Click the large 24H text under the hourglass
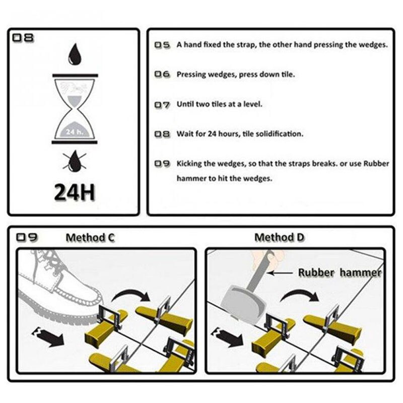(75, 192)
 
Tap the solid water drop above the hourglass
(75, 54)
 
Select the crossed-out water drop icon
(75, 161)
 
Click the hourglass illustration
(75, 109)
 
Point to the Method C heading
(90, 237)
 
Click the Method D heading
(279, 237)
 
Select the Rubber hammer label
(340, 273)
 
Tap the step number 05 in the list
(162, 45)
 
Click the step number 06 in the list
(162, 74)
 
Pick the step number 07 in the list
(162, 105)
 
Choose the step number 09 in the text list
(162, 163)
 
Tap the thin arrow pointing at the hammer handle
(280, 273)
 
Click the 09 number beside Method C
(27, 237)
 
